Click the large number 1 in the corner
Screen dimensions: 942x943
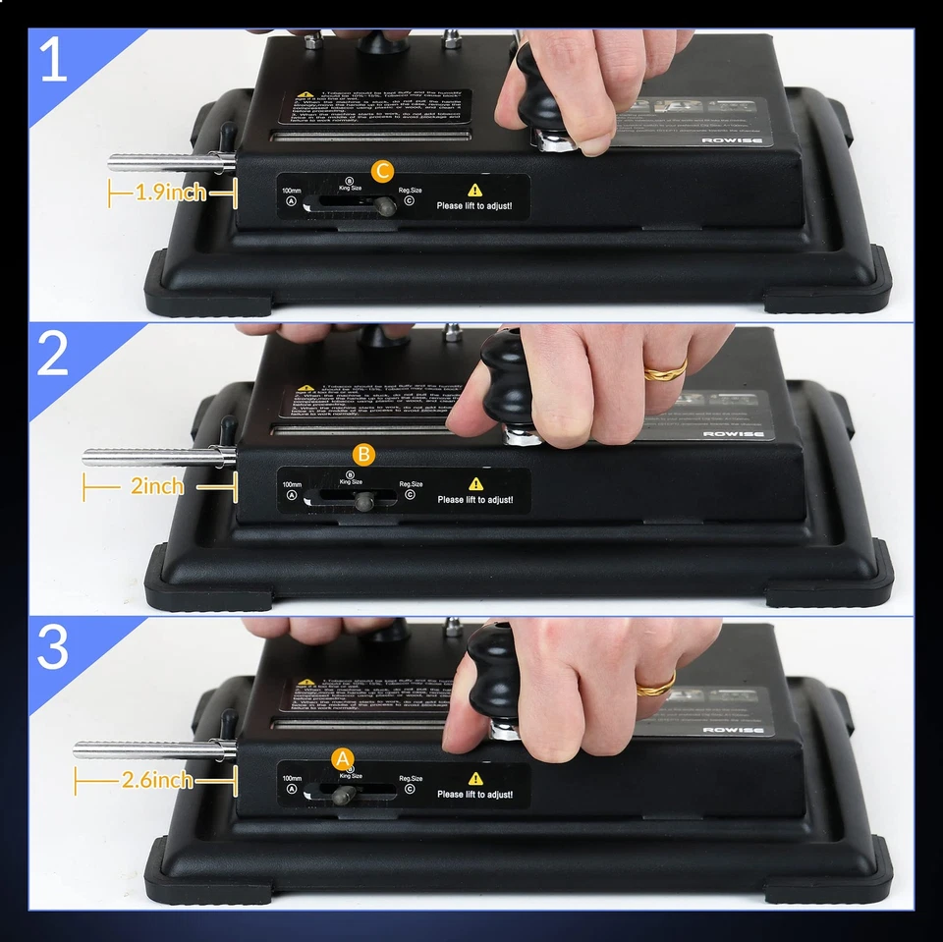click(x=53, y=61)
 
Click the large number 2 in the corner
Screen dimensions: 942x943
click(x=53, y=355)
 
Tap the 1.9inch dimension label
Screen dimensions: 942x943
click(x=171, y=193)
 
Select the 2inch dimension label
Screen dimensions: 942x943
click(x=157, y=486)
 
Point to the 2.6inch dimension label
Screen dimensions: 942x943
click(x=157, y=781)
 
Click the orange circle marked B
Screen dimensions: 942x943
click(x=363, y=455)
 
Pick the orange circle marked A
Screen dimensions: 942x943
click(x=342, y=758)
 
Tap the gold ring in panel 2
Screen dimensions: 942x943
click(x=665, y=371)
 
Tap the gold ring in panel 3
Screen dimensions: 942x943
click(x=655, y=684)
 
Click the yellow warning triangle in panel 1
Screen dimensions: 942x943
click(x=475, y=190)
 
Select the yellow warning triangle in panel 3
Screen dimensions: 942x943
click(x=475, y=778)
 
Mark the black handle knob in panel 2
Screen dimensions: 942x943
click(x=508, y=378)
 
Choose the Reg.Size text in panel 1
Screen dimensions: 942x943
click(x=411, y=190)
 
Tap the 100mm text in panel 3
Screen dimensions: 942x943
click(x=292, y=778)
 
